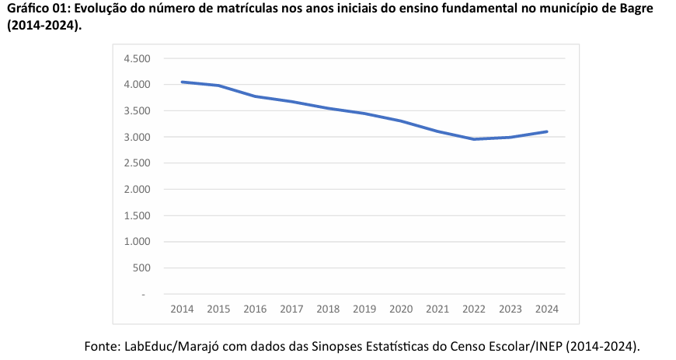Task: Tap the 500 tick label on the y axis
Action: [141, 268]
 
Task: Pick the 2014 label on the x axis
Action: [182, 309]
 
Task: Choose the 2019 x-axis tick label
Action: [364, 309]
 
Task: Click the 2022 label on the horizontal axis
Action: [474, 309]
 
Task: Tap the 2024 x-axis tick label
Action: [547, 309]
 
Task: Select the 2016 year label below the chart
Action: [255, 309]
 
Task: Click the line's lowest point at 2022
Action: [474, 139]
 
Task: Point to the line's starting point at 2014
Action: [182, 82]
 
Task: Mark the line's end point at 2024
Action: [547, 131]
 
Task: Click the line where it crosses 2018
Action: [328, 108]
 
